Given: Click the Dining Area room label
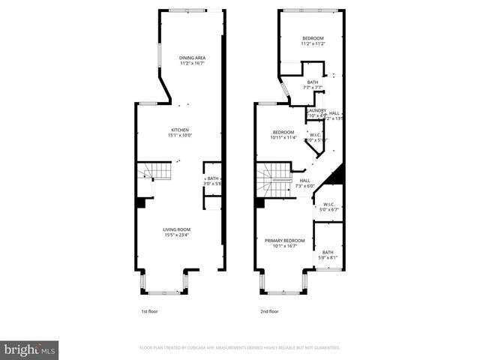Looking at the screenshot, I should [x=192, y=58].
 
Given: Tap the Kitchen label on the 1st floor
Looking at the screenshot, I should [x=179, y=130].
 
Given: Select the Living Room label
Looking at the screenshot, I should [x=178, y=229].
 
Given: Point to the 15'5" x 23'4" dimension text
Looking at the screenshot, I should [x=178, y=235].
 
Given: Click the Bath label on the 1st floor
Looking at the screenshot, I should [x=213, y=178].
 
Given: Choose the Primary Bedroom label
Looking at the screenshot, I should [x=280, y=240].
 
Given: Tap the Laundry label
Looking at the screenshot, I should [x=316, y=110].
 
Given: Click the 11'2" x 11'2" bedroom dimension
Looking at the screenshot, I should [x=313, y=44].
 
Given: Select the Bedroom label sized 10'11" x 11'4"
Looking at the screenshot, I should [x=283, y=132].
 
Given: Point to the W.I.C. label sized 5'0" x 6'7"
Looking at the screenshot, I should [x=328, y=205].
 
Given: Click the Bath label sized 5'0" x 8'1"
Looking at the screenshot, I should [x=328, y=252].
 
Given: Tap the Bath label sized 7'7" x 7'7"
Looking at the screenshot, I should [x=312, y=82].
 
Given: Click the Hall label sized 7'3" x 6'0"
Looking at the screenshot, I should [x=304, y=180].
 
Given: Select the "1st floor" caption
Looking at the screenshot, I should [x=149, y=311].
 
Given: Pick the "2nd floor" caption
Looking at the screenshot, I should [x=269, y=311].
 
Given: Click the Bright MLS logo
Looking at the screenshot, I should [x=30, y=349].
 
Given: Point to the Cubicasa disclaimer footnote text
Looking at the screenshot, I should [x=240, y=348].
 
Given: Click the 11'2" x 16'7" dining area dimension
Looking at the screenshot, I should [x=192, y=64].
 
